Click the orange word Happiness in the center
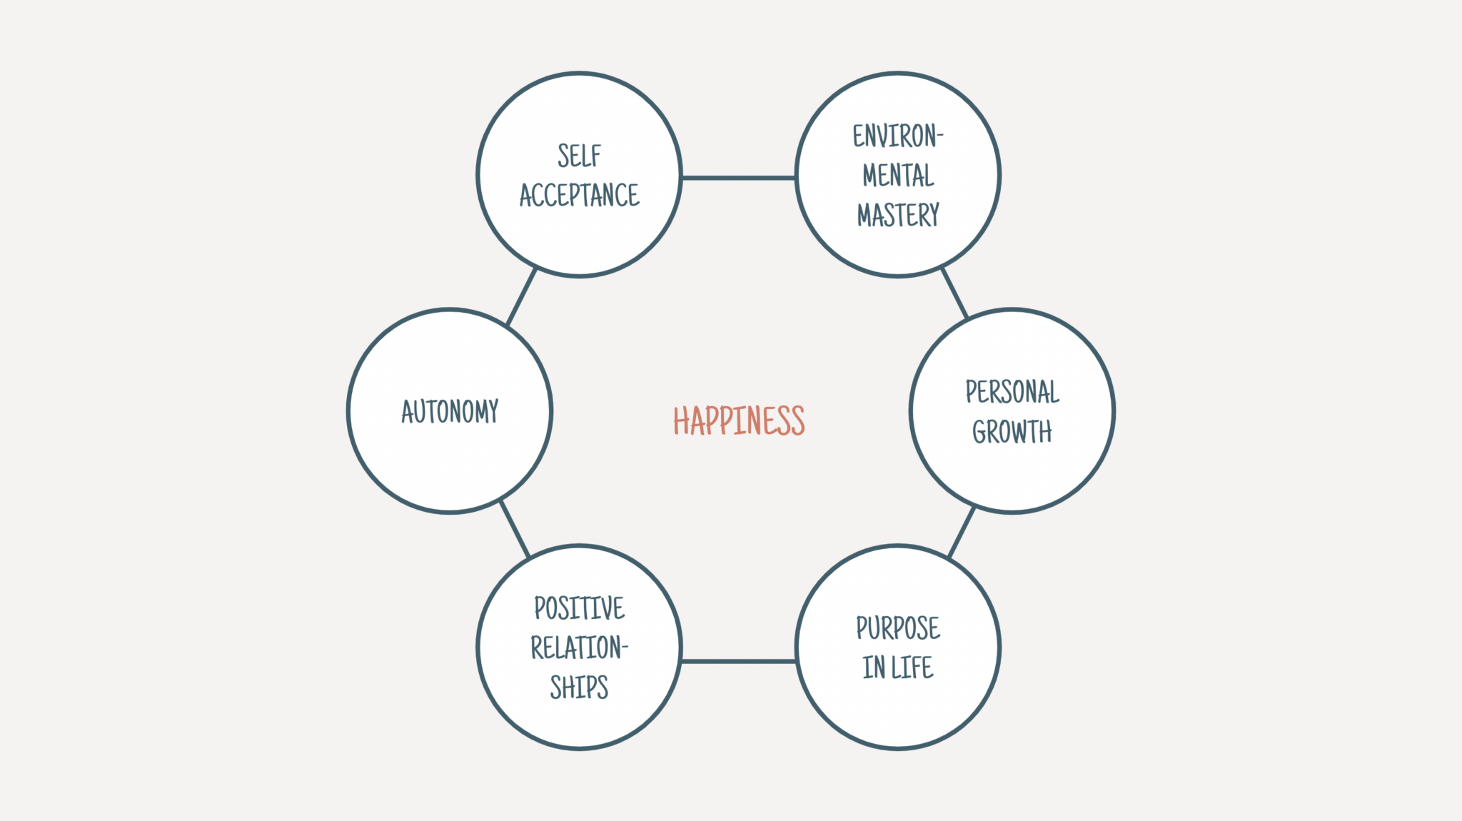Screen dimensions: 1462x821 (x=739, y=420)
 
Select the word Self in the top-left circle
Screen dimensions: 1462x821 (x=579, y=156)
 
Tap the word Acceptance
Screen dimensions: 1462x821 (x=579, y=195)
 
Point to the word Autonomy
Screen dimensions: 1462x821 (x=450, y=411)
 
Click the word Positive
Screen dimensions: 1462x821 (x=579, y=608)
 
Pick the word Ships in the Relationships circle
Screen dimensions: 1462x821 (x=579, y=687)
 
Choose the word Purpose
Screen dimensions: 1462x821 (x=898, y=628)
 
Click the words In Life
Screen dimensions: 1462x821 (x=898, y=668)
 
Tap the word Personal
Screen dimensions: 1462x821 (x=1012, y=392)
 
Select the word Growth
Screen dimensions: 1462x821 (x=1012, y=431)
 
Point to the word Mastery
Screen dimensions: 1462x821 (x=898, y=215)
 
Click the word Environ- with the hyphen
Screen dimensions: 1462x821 (x=898, y=136)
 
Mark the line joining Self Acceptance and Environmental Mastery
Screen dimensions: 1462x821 (x=739, y=178)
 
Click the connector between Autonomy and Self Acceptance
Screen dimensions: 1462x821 (x=521, y=297)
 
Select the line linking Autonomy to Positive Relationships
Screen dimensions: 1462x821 (x=515, y=529)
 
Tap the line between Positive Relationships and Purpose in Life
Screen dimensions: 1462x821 (x=739, y=661)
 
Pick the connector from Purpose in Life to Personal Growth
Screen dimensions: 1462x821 (x=962, y=532)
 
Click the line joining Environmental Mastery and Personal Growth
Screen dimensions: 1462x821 (x=954, y=293)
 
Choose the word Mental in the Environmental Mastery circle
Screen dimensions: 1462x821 (x=898, y=176)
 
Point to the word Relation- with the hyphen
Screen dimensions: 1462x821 (x=579, y=648)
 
